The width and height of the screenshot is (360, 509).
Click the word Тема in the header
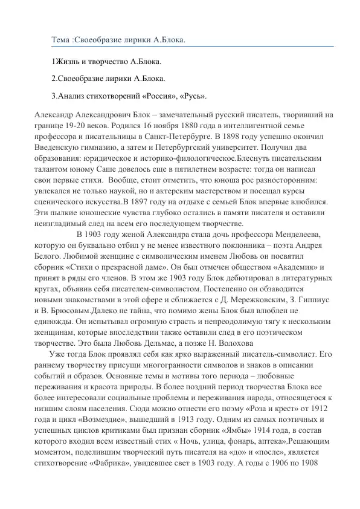[60, 40]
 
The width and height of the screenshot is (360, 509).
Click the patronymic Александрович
[106, 115]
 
